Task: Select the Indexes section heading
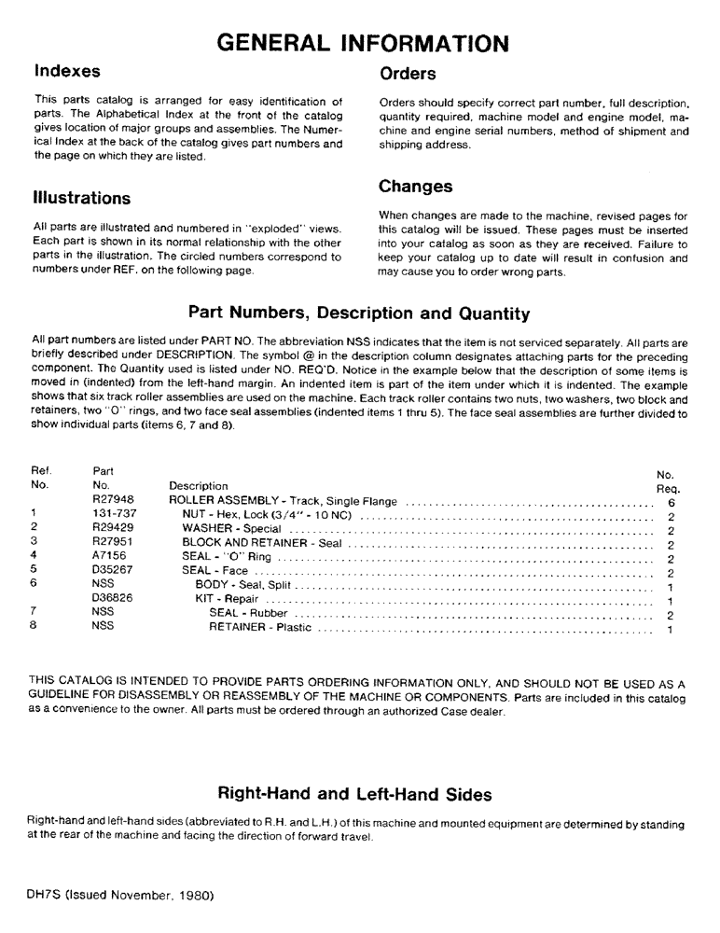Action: [x=67, y=71]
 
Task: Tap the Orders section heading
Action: [x=408, y=73]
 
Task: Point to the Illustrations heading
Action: [x=82, y=198]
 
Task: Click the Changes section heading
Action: [x=416, y=187]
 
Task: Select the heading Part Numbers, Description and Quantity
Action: [x=359, y=313]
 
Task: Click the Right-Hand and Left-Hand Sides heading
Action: [x=354, y=795]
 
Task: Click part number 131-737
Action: [x=114, y=513]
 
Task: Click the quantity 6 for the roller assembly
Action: [x=671, y=502]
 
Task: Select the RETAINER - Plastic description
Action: [x=260, y=628]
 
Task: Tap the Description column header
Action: [x=198, y=486]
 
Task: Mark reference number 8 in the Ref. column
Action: [x=34, y=627]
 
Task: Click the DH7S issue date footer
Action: [x=121, y=894]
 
